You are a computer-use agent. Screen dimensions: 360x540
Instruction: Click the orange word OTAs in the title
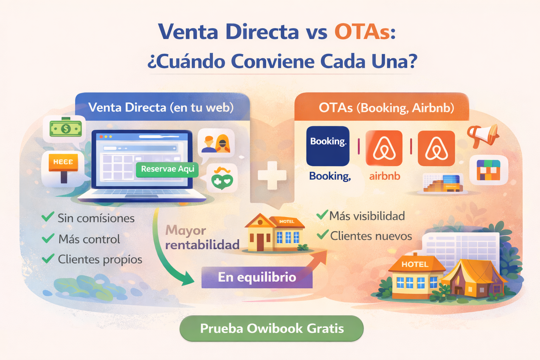[362, 32]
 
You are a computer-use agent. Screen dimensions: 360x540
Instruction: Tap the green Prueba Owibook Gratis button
[271, 328]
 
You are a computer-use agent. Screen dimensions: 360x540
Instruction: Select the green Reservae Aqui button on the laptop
[167, 169]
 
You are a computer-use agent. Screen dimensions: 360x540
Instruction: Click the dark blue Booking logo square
[328, 146]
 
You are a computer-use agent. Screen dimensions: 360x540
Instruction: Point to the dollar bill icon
[66, 129]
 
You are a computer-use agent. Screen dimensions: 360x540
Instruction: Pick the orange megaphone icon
[483, 135]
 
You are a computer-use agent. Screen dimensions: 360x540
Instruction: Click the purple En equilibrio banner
[257, 277]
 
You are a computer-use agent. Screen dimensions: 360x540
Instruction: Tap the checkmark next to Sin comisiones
[48, 217]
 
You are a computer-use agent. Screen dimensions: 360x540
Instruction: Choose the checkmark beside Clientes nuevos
[322, 234]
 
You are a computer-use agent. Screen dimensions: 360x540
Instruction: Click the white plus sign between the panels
[272, 175]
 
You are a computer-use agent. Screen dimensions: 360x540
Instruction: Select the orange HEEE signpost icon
[63, 165]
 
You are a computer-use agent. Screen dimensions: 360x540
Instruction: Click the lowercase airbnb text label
[385, 176]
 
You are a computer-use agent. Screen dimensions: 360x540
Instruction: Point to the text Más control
[89, 239]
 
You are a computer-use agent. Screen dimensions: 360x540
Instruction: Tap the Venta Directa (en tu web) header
[161, 107]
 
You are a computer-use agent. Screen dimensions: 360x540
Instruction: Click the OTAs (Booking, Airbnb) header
[386, 108]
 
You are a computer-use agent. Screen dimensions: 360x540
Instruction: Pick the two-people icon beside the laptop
[216, 144]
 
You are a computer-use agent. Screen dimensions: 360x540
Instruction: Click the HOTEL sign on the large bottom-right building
[415, 264]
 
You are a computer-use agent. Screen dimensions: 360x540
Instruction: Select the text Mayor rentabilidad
[202, 237]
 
